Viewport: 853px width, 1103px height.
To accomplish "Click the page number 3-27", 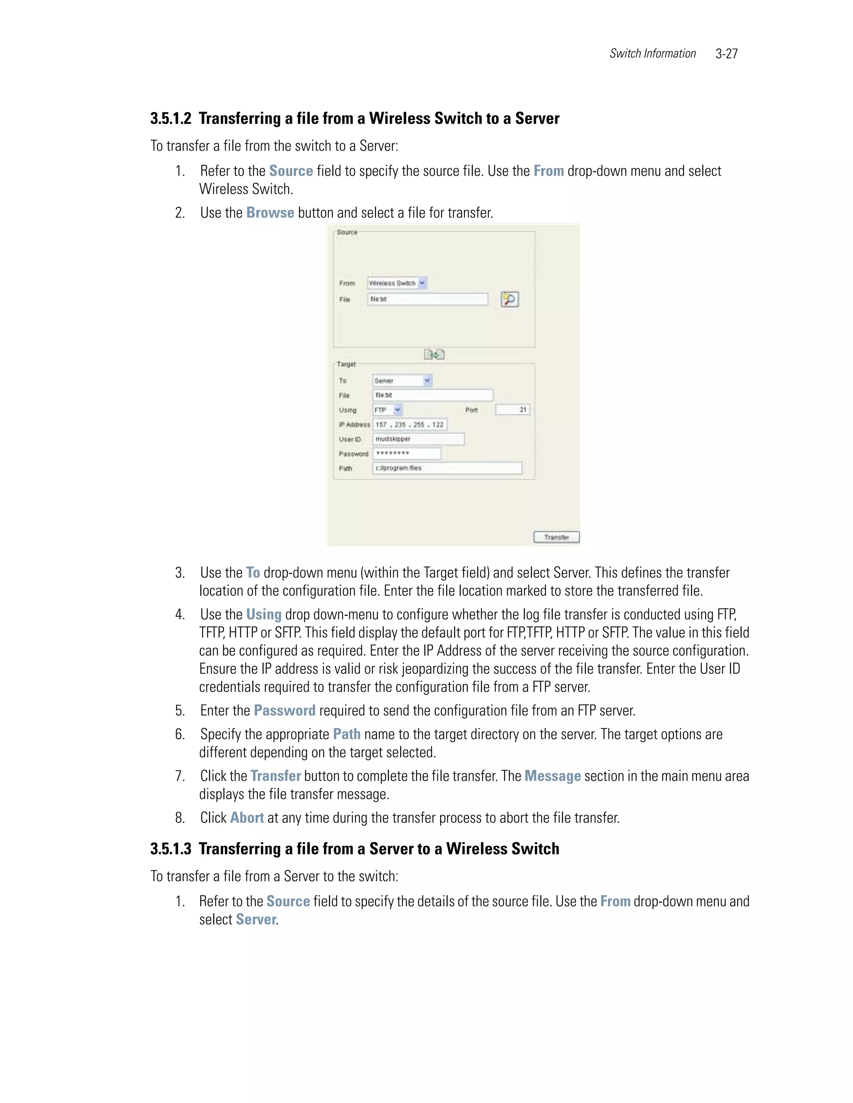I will click(726, 54).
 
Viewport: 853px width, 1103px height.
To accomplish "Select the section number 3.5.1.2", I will click(171, 119).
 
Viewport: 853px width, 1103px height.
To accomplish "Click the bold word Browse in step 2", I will click(270, 213).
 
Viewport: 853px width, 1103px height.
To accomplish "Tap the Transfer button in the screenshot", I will click(556, 537).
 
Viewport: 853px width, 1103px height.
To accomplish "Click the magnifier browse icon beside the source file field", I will click(509, 300).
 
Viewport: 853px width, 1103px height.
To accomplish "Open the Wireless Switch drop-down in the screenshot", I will click(397, 283).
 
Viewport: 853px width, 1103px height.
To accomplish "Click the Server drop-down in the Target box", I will click(402, 380).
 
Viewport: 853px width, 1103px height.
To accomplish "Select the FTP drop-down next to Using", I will click(387, 410).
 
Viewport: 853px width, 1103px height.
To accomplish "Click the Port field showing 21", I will click(512, 410).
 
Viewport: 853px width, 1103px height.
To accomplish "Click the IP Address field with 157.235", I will click(409, 425).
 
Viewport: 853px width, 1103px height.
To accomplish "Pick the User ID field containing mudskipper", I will click(418, 439).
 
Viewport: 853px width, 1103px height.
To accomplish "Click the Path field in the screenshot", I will click(447, 468).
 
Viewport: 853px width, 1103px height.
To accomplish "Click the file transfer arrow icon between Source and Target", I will click(434, 355).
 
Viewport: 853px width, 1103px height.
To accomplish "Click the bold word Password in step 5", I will click(284, 710).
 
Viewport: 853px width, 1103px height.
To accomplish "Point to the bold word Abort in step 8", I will click(247, 817).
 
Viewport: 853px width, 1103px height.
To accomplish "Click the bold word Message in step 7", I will click(552, 776).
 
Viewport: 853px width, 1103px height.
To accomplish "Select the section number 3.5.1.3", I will click(171, 849).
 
